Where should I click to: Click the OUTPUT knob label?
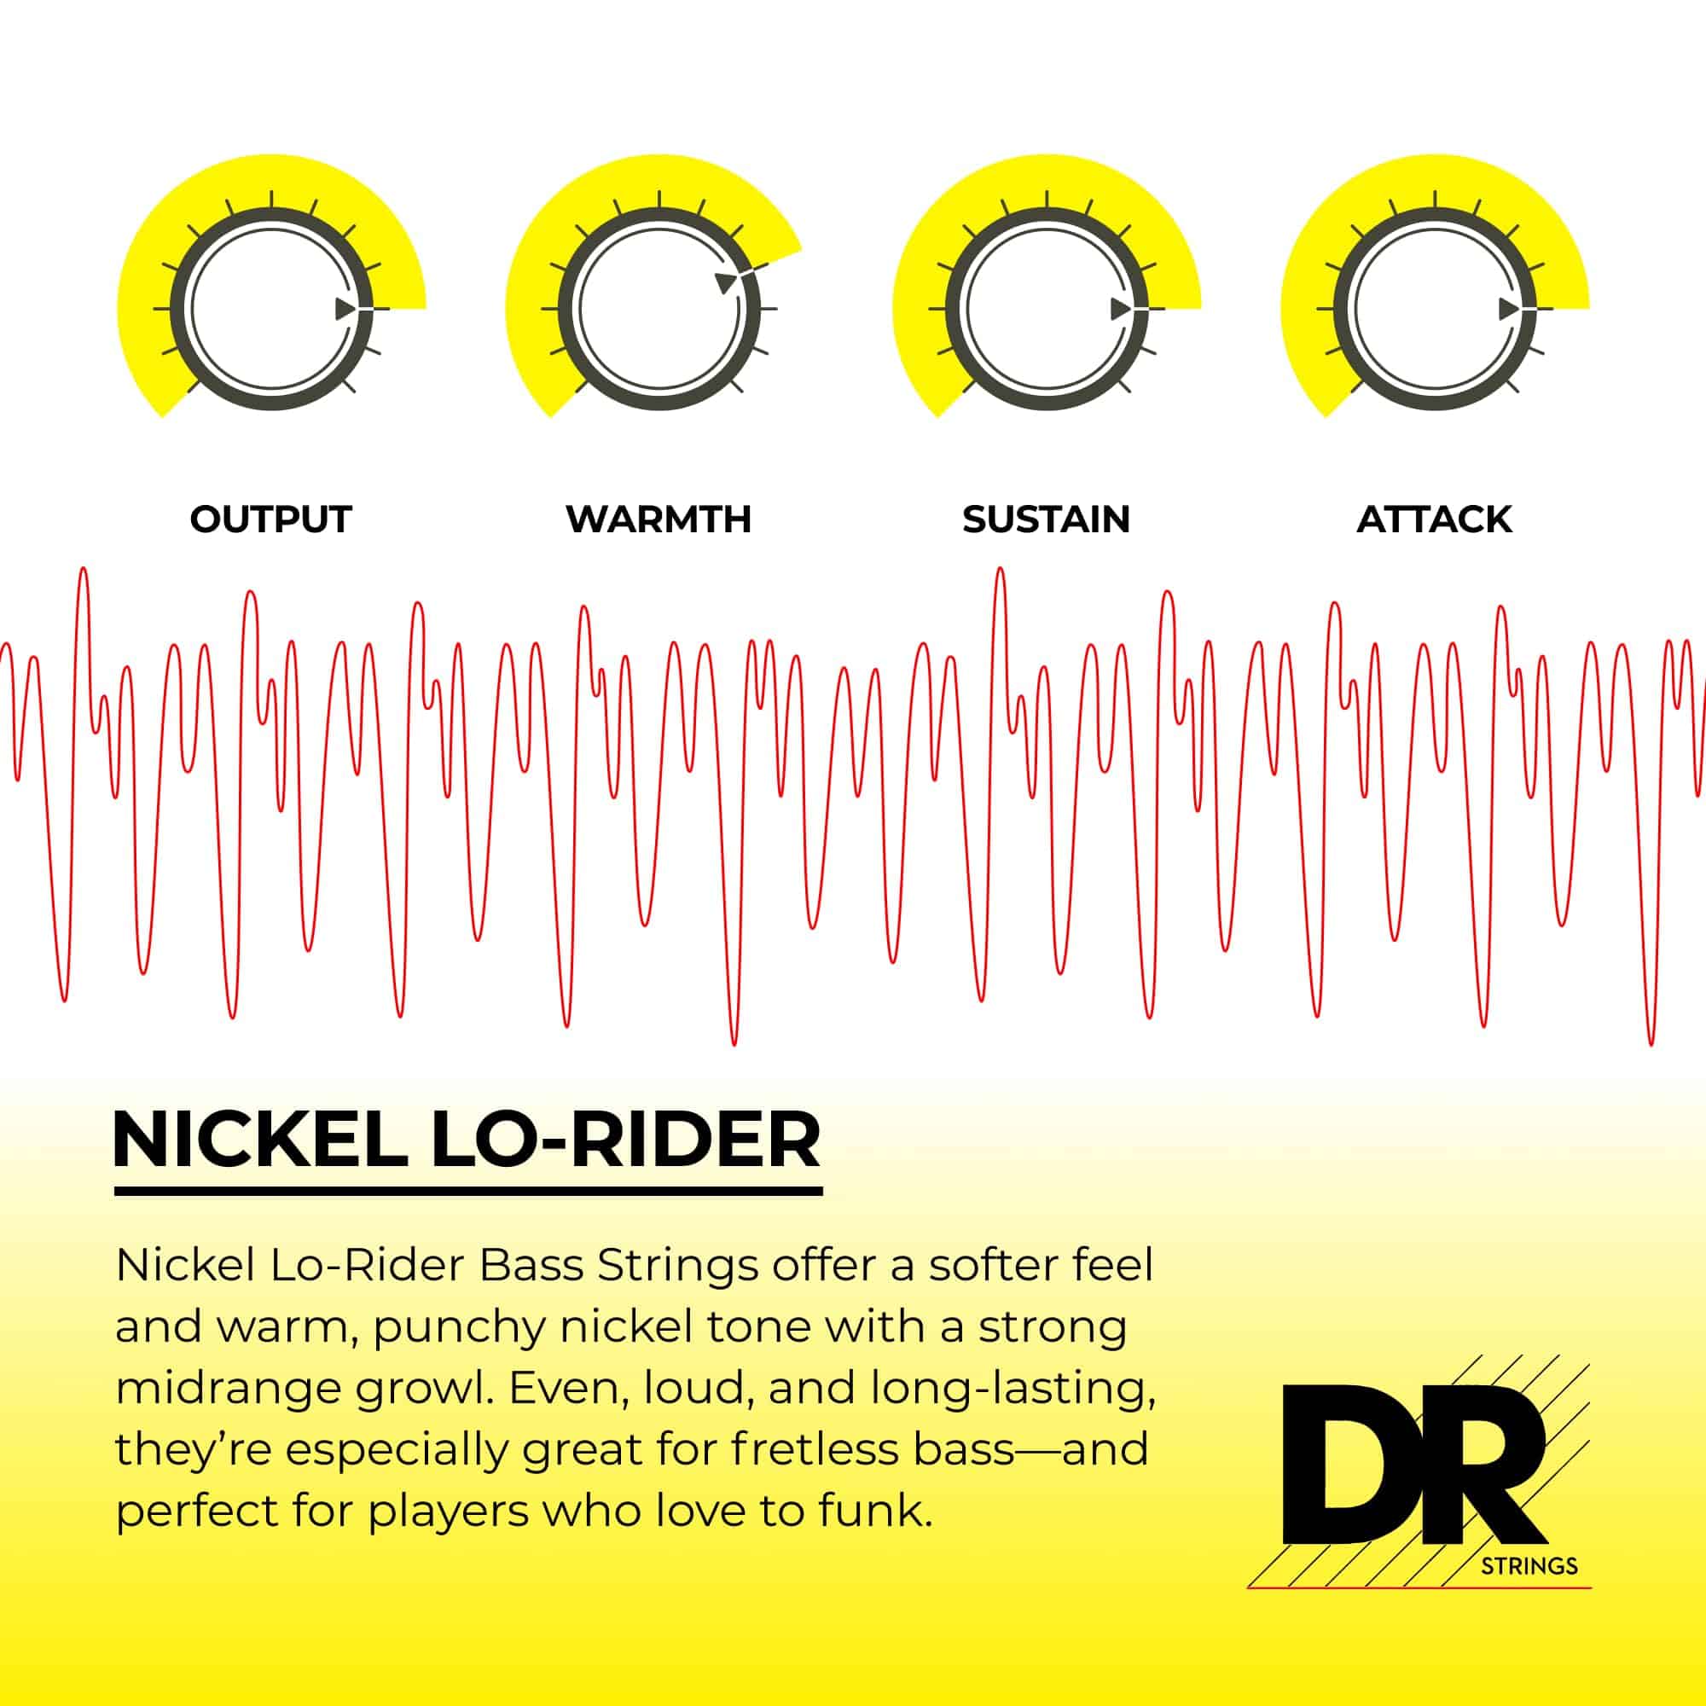tap(271, 519)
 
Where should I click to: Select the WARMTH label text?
tap(659, 519)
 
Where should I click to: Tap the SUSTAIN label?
tap(1047, 519)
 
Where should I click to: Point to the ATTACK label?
tap(1434, 519)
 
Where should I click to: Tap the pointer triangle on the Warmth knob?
tap(726, 281)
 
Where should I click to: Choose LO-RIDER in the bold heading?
tap(626, 1139)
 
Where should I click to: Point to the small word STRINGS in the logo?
tap(1529, 1566)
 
